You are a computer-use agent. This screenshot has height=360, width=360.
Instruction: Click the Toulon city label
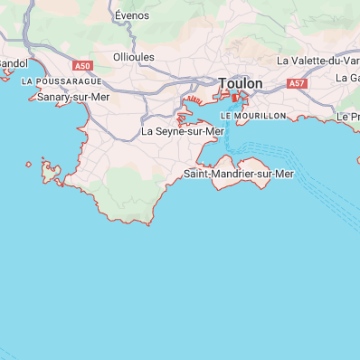pos(240,83)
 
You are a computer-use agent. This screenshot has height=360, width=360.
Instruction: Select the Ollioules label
pos(134,56)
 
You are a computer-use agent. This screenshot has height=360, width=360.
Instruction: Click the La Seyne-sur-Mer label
pos(183,131)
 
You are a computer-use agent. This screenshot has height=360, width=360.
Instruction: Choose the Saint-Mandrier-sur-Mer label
pos(239,173)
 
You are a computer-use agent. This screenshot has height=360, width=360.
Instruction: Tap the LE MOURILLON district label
pos(252,116)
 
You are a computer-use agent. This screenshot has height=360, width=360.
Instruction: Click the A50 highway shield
pos(83,66)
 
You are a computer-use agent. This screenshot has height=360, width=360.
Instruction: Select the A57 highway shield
pos(297,83)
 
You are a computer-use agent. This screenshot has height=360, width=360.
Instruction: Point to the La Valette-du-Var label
pos(317,61)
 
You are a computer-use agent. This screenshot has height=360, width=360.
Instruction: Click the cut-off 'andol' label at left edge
pos(14,62)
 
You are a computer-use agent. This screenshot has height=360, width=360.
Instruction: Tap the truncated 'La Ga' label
pos(347,78)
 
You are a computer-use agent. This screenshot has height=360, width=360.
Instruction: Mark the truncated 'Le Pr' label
pos(348,117)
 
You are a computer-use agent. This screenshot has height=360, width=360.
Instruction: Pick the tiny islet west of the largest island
pos(29,165)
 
